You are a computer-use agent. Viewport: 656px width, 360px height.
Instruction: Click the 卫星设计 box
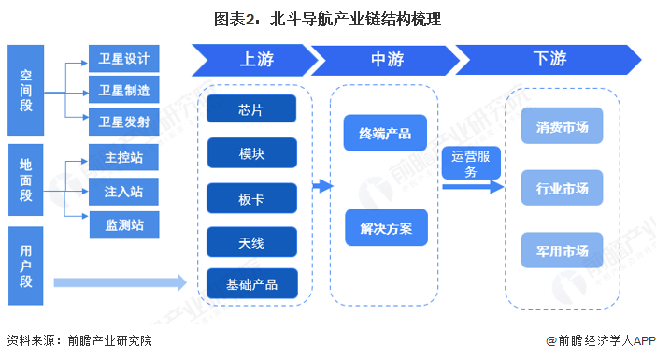124,59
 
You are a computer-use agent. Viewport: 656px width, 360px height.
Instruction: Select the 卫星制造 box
124,91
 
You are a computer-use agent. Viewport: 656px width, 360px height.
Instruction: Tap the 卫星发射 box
124,122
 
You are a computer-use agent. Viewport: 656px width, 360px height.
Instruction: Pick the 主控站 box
124,158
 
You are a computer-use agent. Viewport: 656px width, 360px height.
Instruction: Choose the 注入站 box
124,192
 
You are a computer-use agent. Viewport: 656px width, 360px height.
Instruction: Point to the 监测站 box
124,224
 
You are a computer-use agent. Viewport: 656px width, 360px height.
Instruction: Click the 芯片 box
251,110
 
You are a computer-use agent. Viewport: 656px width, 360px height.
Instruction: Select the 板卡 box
251,197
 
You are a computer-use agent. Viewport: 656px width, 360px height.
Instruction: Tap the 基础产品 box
251,284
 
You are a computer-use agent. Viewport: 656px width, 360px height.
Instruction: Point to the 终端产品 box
385,134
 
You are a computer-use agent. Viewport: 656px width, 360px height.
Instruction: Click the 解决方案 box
385,226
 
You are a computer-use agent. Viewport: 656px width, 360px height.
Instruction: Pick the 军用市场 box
563,250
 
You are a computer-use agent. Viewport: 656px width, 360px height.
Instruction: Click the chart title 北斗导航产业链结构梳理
329,18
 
